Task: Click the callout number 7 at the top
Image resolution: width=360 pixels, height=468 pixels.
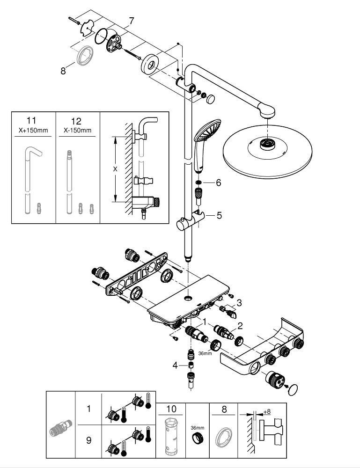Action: tap(132, 21)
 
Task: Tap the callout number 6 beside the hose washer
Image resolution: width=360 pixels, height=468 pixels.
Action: tap(218, 183)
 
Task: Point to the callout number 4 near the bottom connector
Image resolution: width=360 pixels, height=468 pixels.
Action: tap(175, 366)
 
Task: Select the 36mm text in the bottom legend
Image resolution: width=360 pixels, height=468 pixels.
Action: tap(197, 428)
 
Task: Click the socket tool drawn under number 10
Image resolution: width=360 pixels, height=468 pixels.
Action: tap(171, 436)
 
